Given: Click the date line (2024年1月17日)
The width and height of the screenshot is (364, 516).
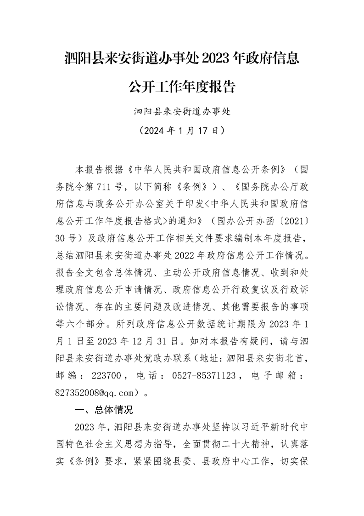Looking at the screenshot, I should tap(182, 130).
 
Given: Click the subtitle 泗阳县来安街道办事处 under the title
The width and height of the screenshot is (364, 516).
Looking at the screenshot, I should tap(182, 112).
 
